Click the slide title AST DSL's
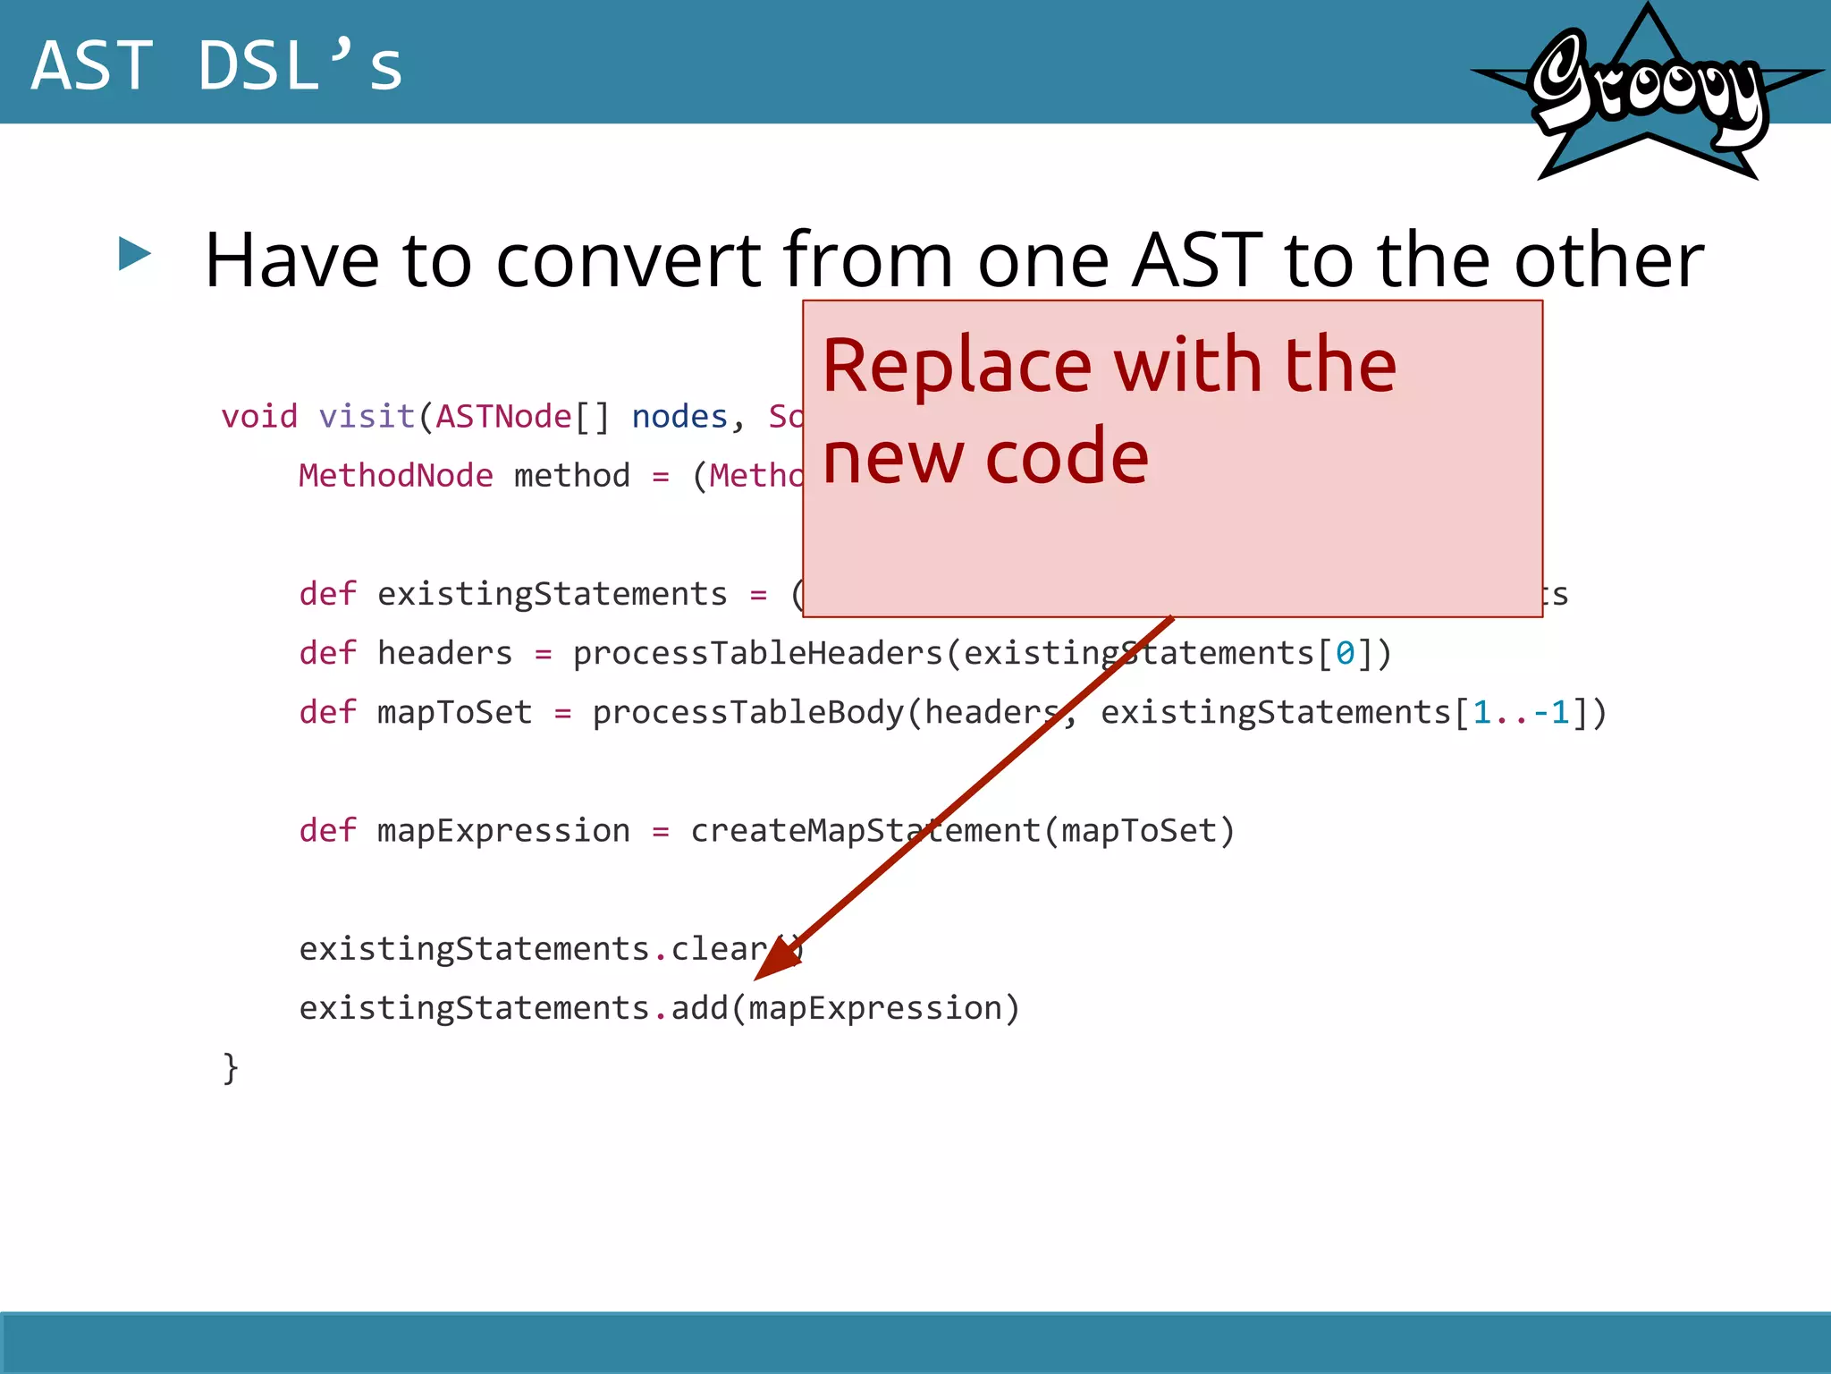217,65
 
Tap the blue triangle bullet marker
135,254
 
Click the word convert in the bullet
629,260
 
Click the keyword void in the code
259,417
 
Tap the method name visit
367,417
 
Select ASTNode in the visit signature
503,417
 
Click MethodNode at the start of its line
395,476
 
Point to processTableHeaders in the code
758,653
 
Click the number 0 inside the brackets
1345,654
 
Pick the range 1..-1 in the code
1521,713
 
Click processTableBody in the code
748,713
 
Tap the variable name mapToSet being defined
454,713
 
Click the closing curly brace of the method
231,1068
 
